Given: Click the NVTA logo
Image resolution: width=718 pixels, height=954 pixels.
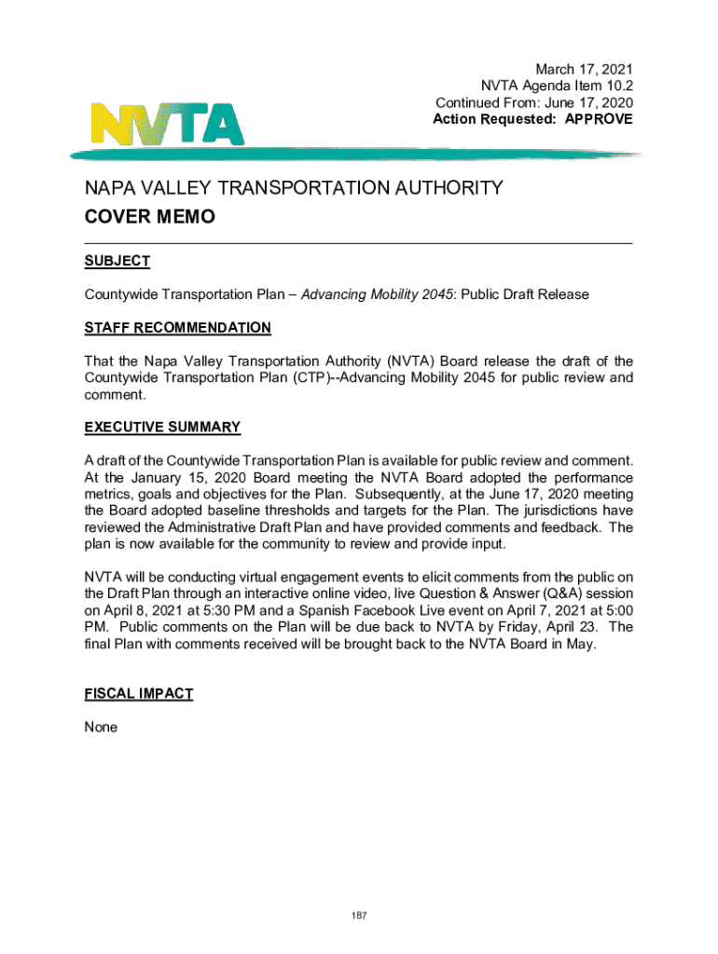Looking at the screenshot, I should [167, 121].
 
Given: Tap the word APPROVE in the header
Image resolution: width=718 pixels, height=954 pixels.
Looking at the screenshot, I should [596, 119].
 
